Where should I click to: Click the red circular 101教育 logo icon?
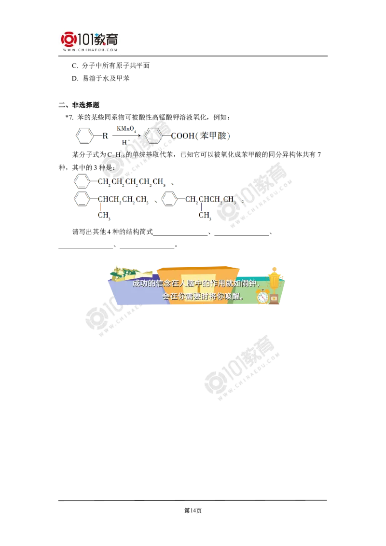pyautogui.click(x=69, y=40)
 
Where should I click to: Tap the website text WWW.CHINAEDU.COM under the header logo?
pyautogui.click(x=90, y=50)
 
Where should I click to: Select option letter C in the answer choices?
pyautogui.click(x=75, y=66)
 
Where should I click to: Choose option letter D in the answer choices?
pyautogui.click(x=75, y=78)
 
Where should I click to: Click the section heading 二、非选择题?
pyautogui.click(x=79, y=105)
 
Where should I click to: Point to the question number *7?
pyautogui.click(x=69, y=117)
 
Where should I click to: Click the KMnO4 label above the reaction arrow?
pyautogui.click(x=126, y=129)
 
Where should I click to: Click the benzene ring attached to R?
pyautogui.click(x=84, y=136)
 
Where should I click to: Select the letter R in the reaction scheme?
pyautogui.click(x=105, y=136)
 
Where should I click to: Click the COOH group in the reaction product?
pyautogui.click(x=182, y=136)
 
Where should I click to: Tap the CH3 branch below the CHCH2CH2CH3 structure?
pyautogui.click(x=104, y=216)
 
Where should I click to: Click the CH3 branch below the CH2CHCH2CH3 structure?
pyautogui.click(x=205, y=216)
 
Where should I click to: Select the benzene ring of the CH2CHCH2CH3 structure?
pyautogui.click(x=169, y=199)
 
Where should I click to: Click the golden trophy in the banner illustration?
pyautogui.click(x=275, y=279)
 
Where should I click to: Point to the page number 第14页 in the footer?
pyautogui.click(x=193, y=510)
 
